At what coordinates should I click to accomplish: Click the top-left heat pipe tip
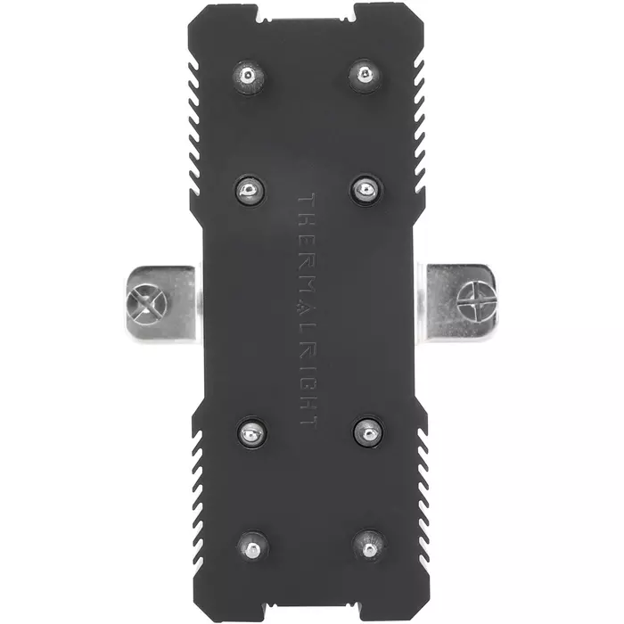(x=248, y=77)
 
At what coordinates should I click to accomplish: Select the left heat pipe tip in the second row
(x=250, y=190)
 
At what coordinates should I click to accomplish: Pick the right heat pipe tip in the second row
(x=366, y=189)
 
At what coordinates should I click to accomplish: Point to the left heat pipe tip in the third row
(x=251, y=432)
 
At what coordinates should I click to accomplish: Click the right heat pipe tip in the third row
(x=368, y=431)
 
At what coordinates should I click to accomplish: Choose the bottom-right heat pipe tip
(x=370, y=546)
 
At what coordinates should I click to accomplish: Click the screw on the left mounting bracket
(x=145, y=305)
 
